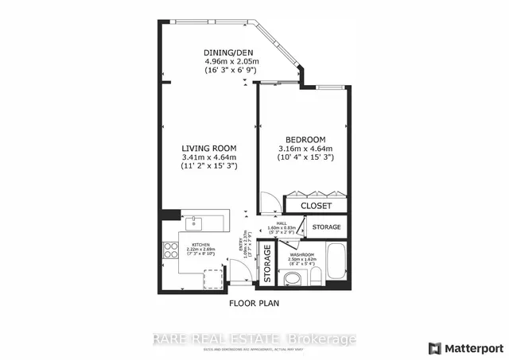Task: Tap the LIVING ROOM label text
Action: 210,147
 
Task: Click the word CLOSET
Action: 315,206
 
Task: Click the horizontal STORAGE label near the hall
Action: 326,227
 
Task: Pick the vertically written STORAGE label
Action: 267,264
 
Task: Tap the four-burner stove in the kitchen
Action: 170,252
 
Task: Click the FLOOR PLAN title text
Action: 254,302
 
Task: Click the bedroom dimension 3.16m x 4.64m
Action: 306,149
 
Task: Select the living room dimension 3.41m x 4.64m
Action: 210,157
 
